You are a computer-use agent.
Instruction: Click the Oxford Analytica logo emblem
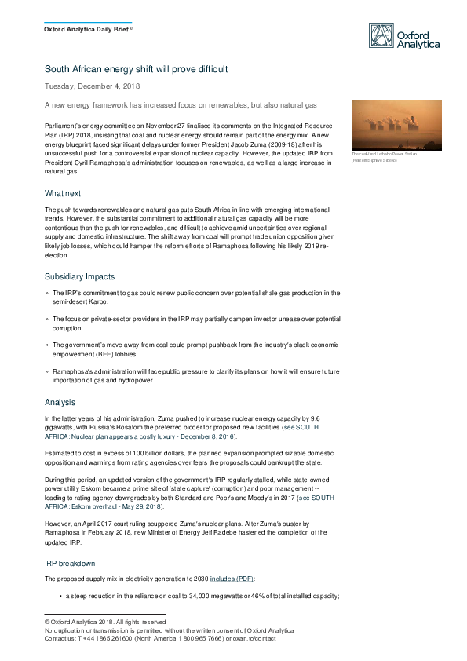[x=382, y=35]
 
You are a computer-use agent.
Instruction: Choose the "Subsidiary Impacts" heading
[x=80, y=276]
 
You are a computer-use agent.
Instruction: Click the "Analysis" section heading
[x=60, y=402]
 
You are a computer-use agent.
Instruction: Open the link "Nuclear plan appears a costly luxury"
[x=130, y=436]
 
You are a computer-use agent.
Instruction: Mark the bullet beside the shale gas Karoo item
[x=47, y=294]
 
